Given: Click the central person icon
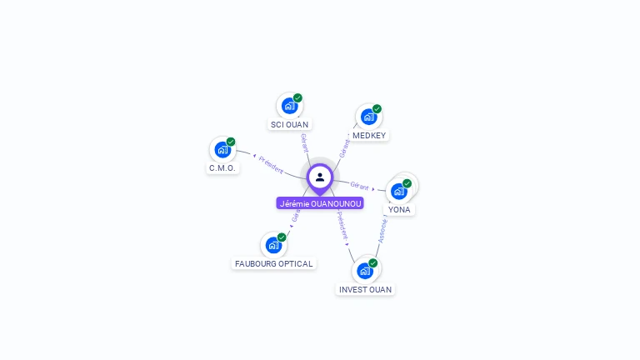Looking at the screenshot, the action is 320,177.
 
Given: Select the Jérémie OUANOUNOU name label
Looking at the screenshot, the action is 320,203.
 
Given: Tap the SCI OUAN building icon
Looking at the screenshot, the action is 289,106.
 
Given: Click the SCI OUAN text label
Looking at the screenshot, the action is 289,125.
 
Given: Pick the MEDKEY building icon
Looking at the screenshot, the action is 368,117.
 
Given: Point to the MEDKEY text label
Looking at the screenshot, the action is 369,135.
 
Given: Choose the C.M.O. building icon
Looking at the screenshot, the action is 222,150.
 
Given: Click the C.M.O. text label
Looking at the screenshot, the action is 222,168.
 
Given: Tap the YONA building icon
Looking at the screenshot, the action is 399,191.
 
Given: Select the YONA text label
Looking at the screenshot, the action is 399,210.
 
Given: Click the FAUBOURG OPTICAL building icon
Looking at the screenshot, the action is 273,245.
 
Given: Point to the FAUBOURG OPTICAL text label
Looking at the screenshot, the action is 273,264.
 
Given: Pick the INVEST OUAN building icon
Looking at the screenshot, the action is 365,271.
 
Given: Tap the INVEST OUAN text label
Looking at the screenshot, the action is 365,290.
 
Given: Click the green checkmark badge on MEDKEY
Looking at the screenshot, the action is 377,108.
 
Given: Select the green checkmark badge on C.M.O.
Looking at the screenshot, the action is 231,142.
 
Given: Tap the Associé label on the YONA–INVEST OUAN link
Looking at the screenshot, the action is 382,230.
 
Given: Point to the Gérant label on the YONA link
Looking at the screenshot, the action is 359,186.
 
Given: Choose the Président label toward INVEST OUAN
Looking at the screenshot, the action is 342,226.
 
